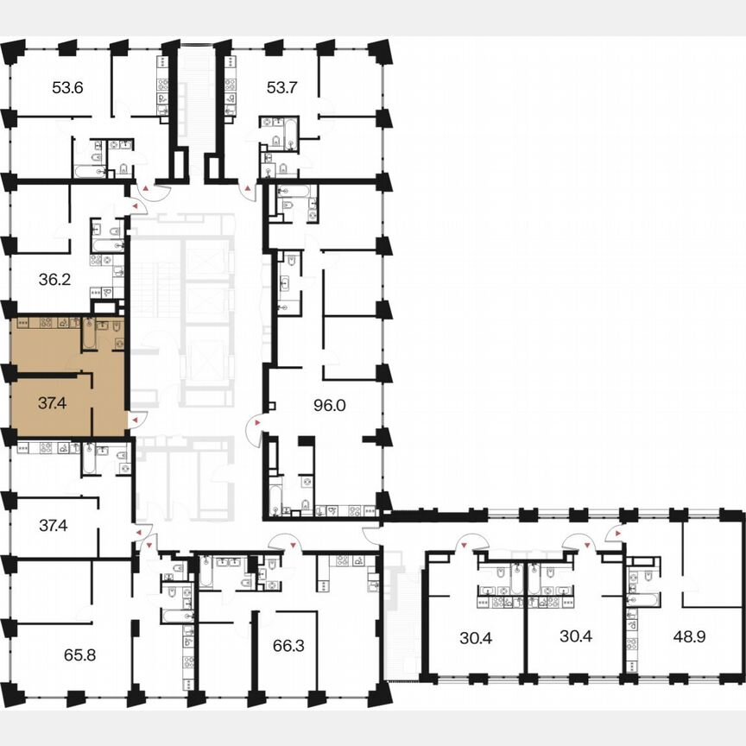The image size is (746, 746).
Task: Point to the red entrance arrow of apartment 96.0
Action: pos(252,422)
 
